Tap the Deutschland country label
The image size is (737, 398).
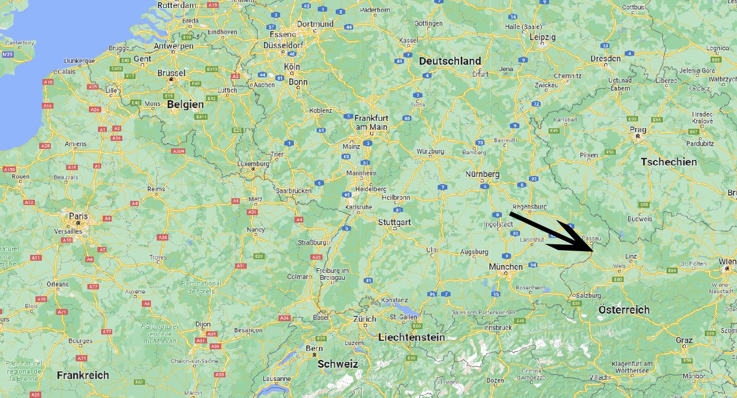[x=450, y=61]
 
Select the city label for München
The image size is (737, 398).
[x=506, y=267]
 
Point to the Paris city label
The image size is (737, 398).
[x=78, y=216]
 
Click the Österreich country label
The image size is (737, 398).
[x=624, y=309]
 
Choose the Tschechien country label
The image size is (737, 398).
[x=669, y=162]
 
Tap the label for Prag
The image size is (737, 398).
[x=637, y=129]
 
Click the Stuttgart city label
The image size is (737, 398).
[x=394, y=222]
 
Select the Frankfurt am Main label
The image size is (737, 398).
[x=371, y=122]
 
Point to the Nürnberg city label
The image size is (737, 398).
[x=482, y=174]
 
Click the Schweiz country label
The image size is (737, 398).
[x=338, y=364]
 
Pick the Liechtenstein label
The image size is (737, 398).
[x=411, y=337]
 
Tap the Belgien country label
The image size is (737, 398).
[x=186, y=105]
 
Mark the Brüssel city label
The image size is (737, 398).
[x=171, y=73]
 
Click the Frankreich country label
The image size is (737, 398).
[x=83, y=375]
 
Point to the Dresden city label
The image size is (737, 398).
[x=606, y=58]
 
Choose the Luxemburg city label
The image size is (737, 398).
[x=253, y=164]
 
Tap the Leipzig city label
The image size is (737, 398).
[x=543, y=37]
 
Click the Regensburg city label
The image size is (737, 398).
[x=530, y=207]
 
